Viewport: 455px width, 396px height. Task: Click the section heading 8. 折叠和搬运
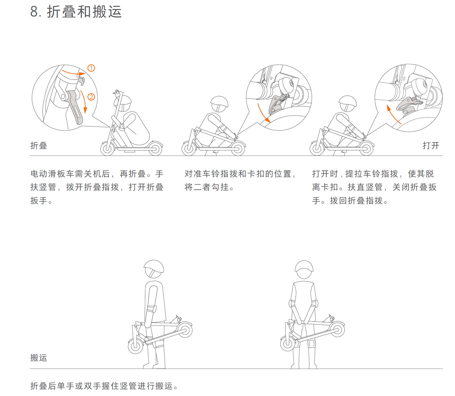tap(76, 12)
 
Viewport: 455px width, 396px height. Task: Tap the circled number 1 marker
tap(91, 68)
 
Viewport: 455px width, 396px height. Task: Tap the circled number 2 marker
tap(91, 97)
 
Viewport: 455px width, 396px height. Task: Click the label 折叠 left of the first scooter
tap(39, 145)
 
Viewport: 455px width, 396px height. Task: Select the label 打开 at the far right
tap(431, 145)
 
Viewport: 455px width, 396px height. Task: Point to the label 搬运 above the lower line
tap(39, 358)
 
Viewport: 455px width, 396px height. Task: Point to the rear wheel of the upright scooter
tap(155, 149)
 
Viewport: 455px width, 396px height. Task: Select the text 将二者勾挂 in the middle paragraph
tap(206, 187)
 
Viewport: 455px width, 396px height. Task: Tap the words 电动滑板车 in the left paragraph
tap(53, 174)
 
